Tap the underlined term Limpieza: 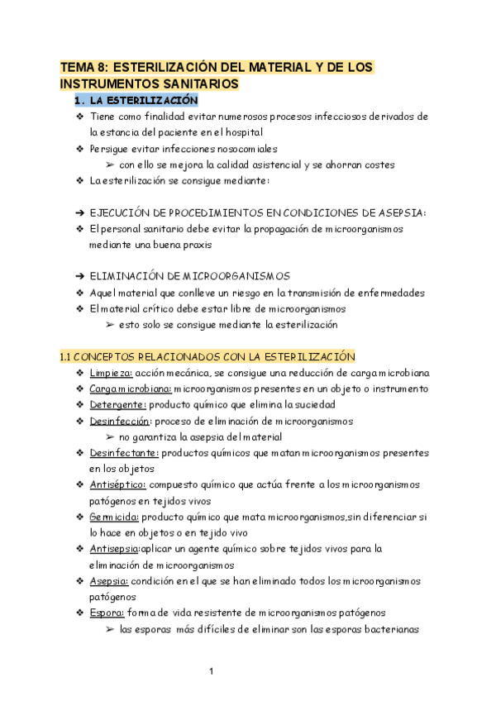tap(110, 373)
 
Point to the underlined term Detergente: tap(117, 404)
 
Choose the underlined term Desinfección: tap(120, 421)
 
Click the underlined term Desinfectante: tap(124, 452)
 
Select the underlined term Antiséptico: tap(118, 484)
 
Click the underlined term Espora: tap(107, 613)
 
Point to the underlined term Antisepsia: tap(117, 548)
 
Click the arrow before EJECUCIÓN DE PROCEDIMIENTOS tap(79, 212)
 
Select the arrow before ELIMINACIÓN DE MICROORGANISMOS tap(79, 276)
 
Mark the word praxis tap(197, 245)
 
